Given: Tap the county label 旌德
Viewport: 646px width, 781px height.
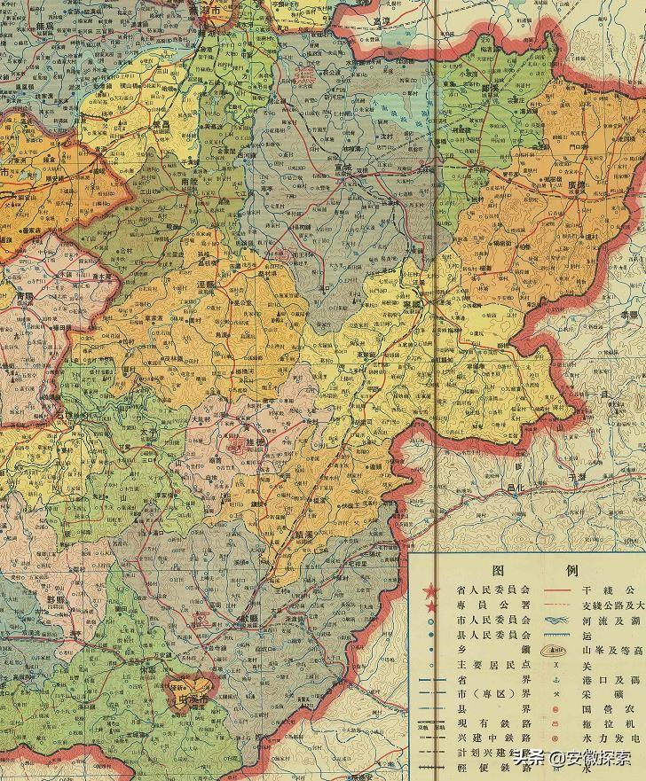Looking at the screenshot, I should (x=242, y=442).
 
